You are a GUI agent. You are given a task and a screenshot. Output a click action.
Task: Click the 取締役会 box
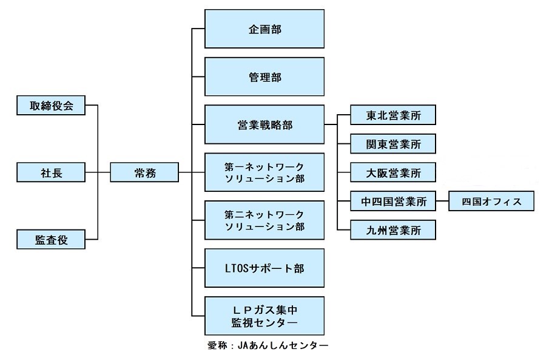click(x=52, y=106)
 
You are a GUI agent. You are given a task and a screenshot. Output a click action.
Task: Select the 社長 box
click(x=52, y=173)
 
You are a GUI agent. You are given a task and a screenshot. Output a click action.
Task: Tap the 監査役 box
click(x=52, y=240)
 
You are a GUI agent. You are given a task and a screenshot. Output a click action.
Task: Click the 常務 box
click(x=144, y=173)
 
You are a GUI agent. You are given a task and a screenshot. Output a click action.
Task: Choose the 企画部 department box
click(x=264, y=29)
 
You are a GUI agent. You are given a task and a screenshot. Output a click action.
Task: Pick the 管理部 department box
click(x=264, y=77)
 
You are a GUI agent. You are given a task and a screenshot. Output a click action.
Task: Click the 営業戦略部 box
click(x=264, y=124)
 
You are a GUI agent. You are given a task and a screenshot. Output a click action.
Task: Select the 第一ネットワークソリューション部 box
click(x=264, y=172)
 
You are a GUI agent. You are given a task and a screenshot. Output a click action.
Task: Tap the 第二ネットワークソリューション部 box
click(x=264, y=220)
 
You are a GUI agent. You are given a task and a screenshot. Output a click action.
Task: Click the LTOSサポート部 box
click(x=264, y=268)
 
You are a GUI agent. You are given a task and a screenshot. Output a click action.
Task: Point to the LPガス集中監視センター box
click(x=264, y=316)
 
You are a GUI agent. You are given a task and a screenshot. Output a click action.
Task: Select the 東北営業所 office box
click(x=393, y=115)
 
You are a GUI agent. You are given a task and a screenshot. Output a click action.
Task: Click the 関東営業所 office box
click(x=393, y=144)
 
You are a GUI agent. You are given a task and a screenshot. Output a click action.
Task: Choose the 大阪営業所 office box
click(x=393, y=173)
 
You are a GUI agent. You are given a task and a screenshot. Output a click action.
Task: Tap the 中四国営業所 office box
click(x=393, y=202)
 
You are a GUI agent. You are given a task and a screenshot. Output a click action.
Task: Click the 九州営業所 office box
click(x=393, y=230)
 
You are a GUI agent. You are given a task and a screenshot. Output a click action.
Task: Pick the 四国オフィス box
click(x=491, y=202)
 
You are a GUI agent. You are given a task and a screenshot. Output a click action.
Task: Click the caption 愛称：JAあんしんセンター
click(x=267, y=346)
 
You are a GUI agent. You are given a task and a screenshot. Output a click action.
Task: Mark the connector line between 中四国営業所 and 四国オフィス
click(x=442, y=202)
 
